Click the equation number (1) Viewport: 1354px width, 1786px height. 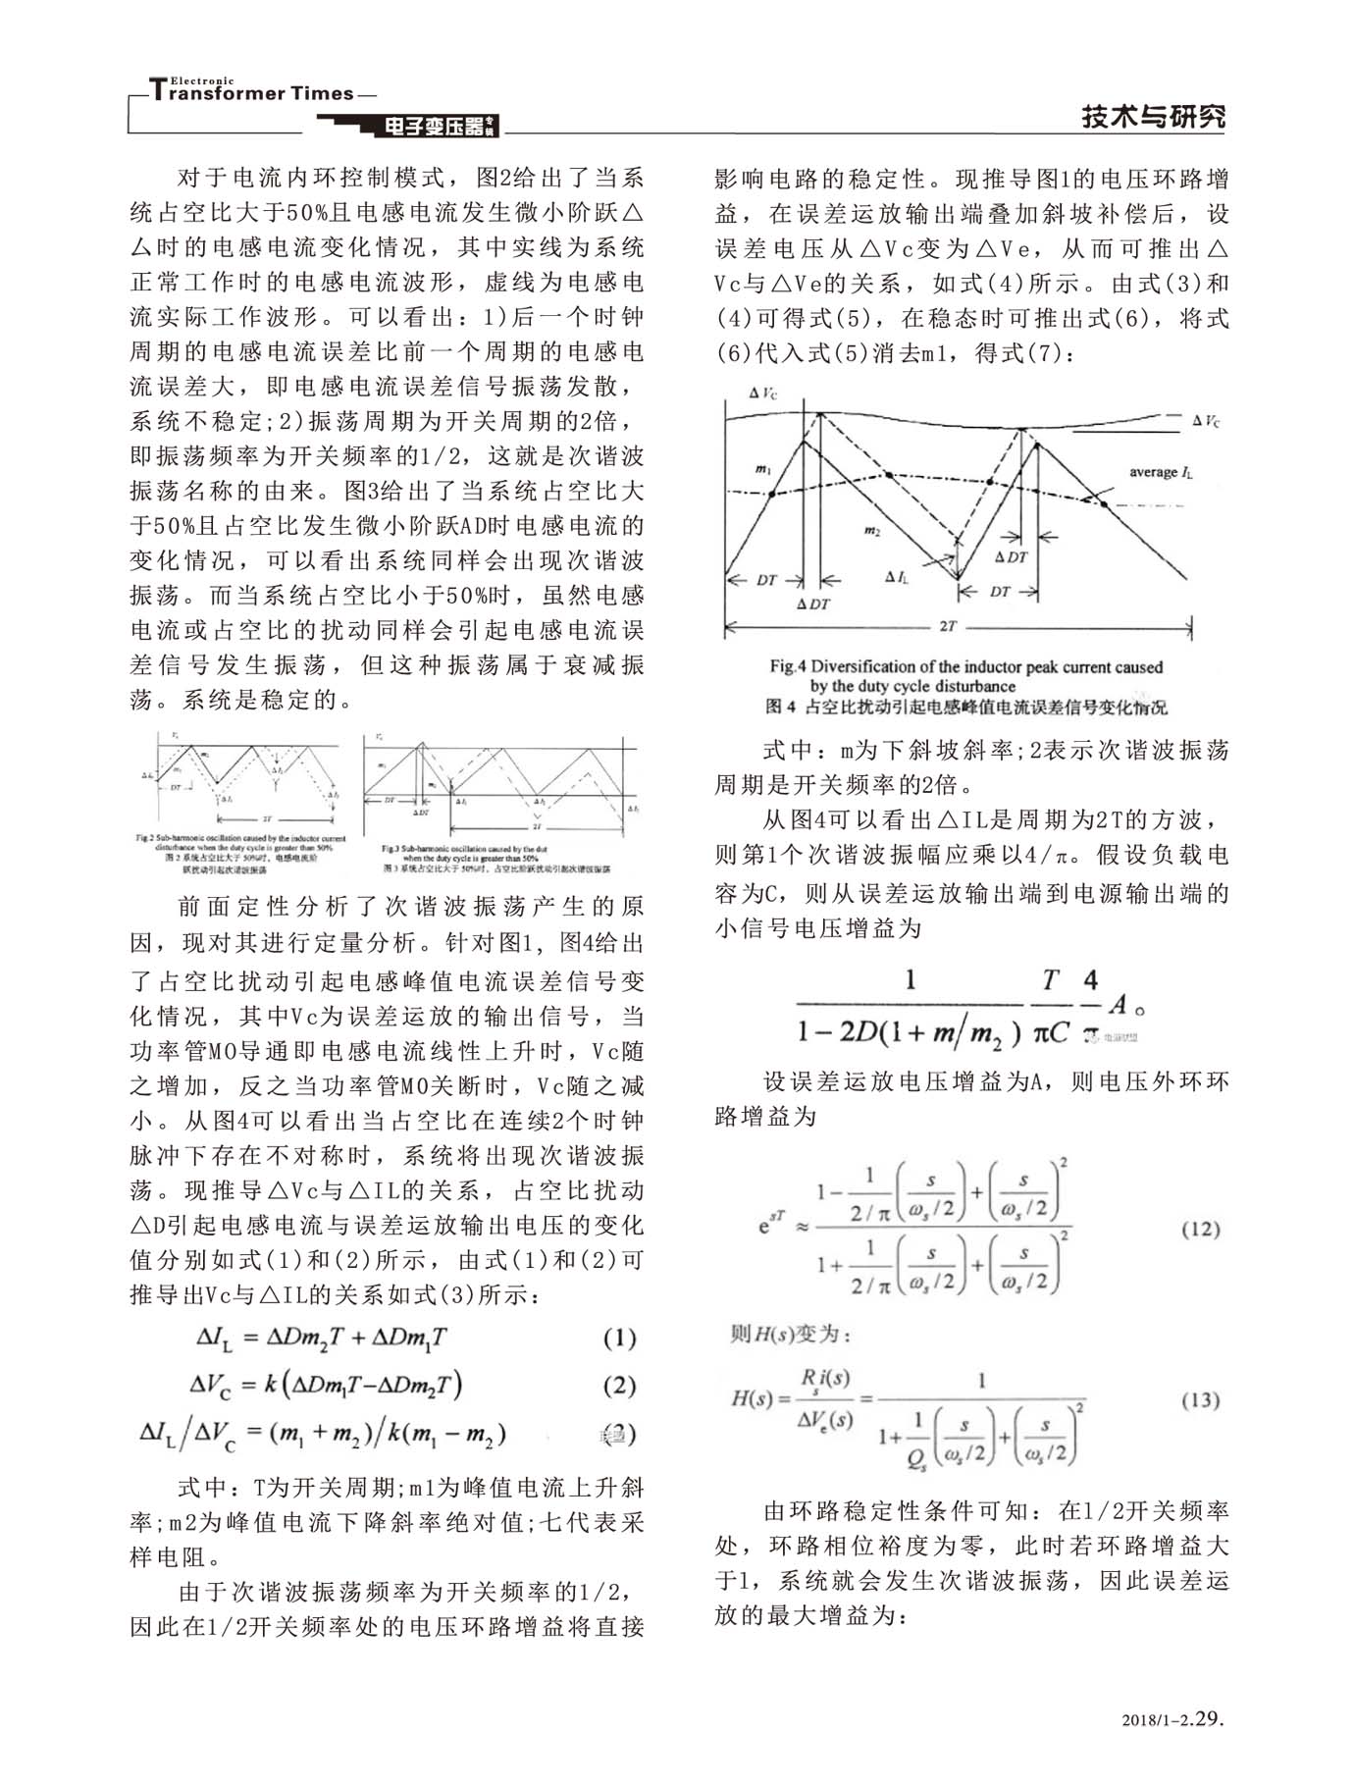[x=618, y=1339]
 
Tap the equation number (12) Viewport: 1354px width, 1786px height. [x=1200, y=1229]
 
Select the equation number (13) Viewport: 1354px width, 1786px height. [x=1200, y=1399]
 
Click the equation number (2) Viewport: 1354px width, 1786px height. [x=618, y=1386]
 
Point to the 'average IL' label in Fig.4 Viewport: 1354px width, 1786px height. [x=1161, y=472]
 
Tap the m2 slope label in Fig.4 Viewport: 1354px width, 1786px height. [x=871, y=530]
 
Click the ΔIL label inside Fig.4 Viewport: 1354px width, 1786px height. [x=896, y=577]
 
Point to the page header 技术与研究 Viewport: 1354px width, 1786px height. [x=1153, y=117]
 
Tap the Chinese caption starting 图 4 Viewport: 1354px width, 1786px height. [x=966, y=707]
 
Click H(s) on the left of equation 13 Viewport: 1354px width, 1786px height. [x=754, y=1397]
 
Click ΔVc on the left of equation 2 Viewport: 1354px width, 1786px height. [x=212, y=1386]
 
